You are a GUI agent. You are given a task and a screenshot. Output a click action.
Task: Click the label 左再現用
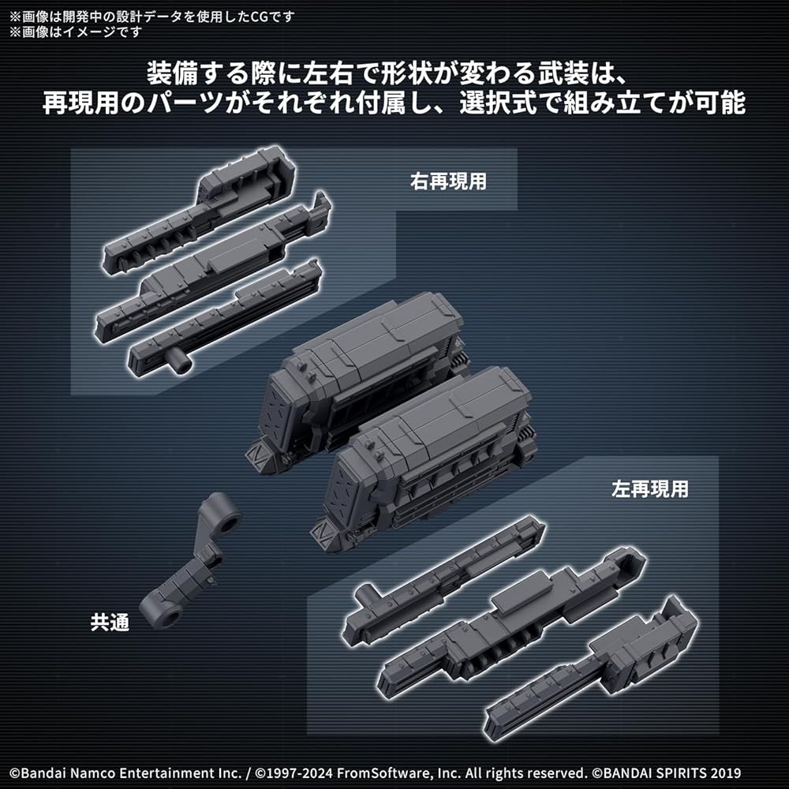[x=649, y=489]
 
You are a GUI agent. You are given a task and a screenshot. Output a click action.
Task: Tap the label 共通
[x=109, y=622]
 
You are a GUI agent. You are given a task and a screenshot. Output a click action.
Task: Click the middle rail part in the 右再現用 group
[x=213, y=264]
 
